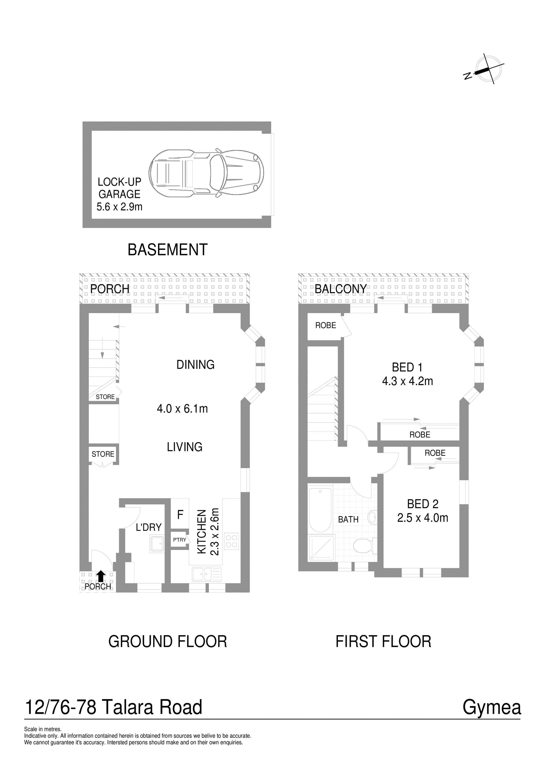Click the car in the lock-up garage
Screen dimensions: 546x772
point(206,173)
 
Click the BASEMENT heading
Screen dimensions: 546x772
point(168,250)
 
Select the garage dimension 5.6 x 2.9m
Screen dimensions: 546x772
point(119,207)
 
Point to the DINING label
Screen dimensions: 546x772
point(196,365)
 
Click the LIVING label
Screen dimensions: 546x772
point(185,447)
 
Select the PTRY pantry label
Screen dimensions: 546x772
point(179,540)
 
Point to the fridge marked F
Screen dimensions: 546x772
point(180,514)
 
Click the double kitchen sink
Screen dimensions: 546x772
point(207,574)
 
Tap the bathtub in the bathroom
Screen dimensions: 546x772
point(320,510)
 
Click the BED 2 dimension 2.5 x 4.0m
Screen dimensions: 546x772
point(422,518)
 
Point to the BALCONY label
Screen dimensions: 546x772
point(341,289)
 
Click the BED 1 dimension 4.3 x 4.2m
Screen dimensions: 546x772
point(407,381)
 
